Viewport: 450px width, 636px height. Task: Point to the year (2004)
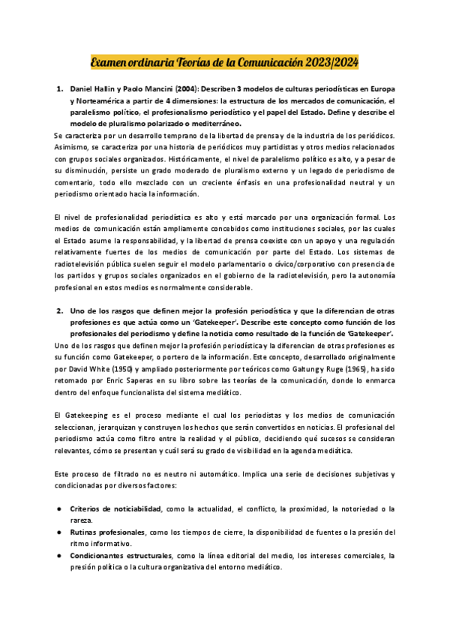tap(187, 89)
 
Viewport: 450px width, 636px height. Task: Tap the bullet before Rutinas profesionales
tap(59, 533)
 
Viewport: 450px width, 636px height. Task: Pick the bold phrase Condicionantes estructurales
tap(120, 556)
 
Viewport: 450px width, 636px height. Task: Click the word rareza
tap(81, 520)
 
